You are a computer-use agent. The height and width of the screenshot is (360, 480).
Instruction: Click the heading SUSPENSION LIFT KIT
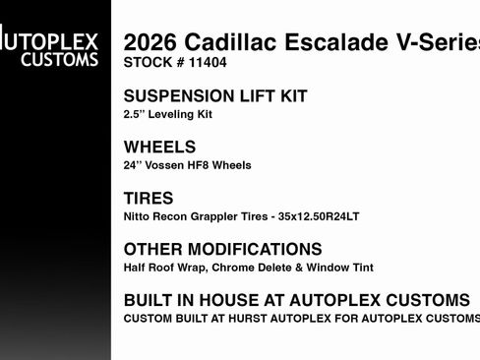pos(215,96)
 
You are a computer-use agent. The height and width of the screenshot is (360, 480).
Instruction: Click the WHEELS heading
pos(160,147)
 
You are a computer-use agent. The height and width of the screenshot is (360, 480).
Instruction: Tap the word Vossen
pos(169,165)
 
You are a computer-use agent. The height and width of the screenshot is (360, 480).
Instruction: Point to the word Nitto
pos(139,216)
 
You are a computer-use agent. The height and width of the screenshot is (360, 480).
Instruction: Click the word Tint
pos(359,268)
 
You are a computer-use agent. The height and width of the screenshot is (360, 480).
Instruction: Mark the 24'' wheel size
pos(134,165)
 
